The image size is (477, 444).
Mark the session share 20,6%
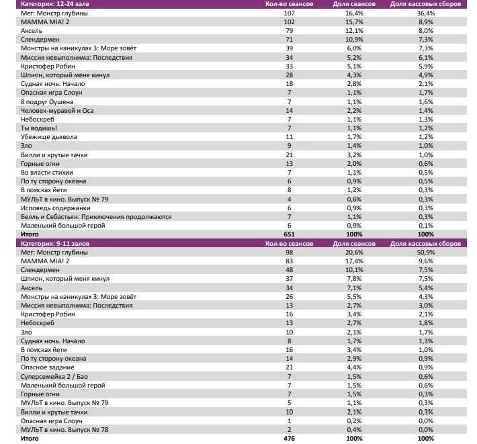[354, 252]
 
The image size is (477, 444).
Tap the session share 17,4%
[354, 261]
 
